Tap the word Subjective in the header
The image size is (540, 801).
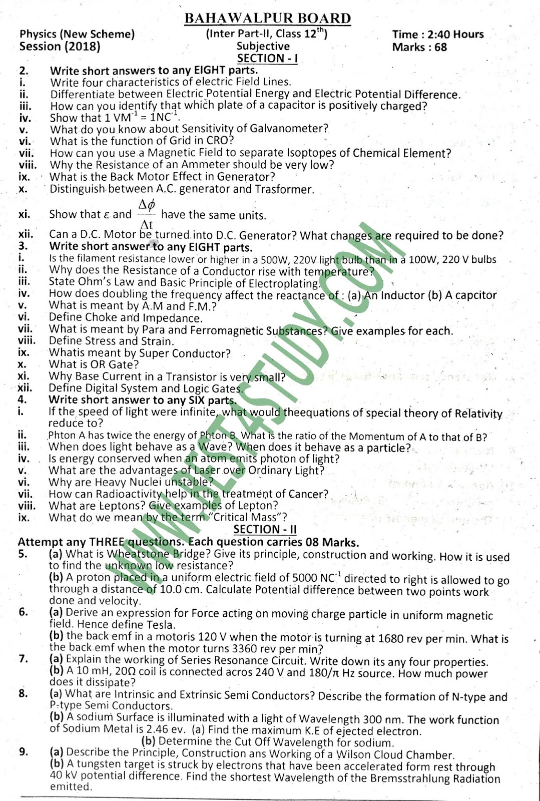[263, 46]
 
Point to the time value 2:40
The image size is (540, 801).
[434, 35]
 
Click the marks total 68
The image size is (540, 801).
[441, 48]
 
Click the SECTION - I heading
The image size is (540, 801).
[267, 59]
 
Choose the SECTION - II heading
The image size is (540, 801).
[265, 530]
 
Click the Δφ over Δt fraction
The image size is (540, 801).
[147, 214]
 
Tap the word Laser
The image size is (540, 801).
[207, 471]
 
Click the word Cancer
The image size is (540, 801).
[305, 495]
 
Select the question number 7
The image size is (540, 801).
[23, 659]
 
